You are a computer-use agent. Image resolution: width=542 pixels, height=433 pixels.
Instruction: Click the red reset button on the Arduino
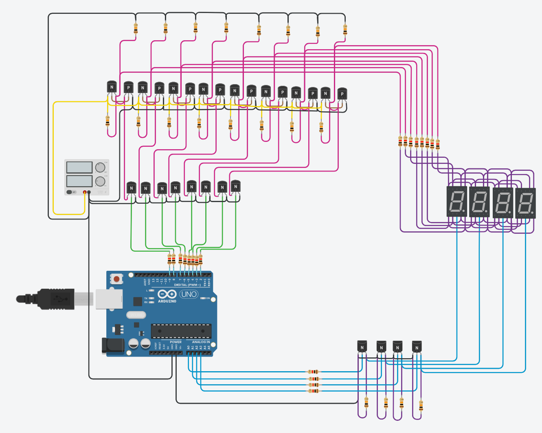pyautogui.click(x=117, y=279)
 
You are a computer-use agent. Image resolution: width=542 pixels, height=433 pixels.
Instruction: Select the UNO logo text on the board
pyautogui.click(x=189, y=294)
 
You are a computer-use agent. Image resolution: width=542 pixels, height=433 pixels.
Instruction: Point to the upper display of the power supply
pyautogui.click(x=79, y=167)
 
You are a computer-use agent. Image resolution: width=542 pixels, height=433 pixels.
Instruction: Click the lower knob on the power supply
pyautogui.click(x=100, y=181)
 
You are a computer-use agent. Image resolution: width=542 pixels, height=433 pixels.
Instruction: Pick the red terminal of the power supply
pyautogui.click(x=85, y=192)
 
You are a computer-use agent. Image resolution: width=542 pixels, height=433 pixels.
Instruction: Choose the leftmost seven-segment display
pyautogui.click(x=457, y=202)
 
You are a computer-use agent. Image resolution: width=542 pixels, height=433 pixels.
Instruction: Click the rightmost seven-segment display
pyautogui.click(x=525, y=203)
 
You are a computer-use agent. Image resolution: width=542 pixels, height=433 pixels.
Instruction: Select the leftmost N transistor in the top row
pyautogui.click(x=112, y=87)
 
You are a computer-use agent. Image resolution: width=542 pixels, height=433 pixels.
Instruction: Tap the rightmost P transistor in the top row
pyautogui.click(x=342, y=94)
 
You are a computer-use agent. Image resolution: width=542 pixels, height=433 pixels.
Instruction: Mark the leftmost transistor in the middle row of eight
pyautogui.click(x=131, y=188)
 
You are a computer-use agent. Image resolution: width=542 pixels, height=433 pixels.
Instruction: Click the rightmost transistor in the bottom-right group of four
pyautogui.click(x=417, y=347)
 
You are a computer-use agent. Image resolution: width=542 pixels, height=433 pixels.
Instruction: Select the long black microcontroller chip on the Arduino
pyautogui.click(x=181, y=331)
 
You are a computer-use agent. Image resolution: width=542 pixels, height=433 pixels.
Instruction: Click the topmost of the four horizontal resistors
pyautogui.click(x=313, y=372)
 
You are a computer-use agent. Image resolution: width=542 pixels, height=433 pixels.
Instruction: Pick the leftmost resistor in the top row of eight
pyautogui.click(x=136, y=28)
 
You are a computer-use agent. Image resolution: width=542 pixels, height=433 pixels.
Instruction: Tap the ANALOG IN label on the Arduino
pyautogui.click(x=201, y=342)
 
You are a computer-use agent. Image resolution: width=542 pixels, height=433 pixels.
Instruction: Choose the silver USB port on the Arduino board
pyautogui.click(x=109, y=299)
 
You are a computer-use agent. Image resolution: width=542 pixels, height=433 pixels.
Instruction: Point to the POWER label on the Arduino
pyautogui.click(x=176, y=342)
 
